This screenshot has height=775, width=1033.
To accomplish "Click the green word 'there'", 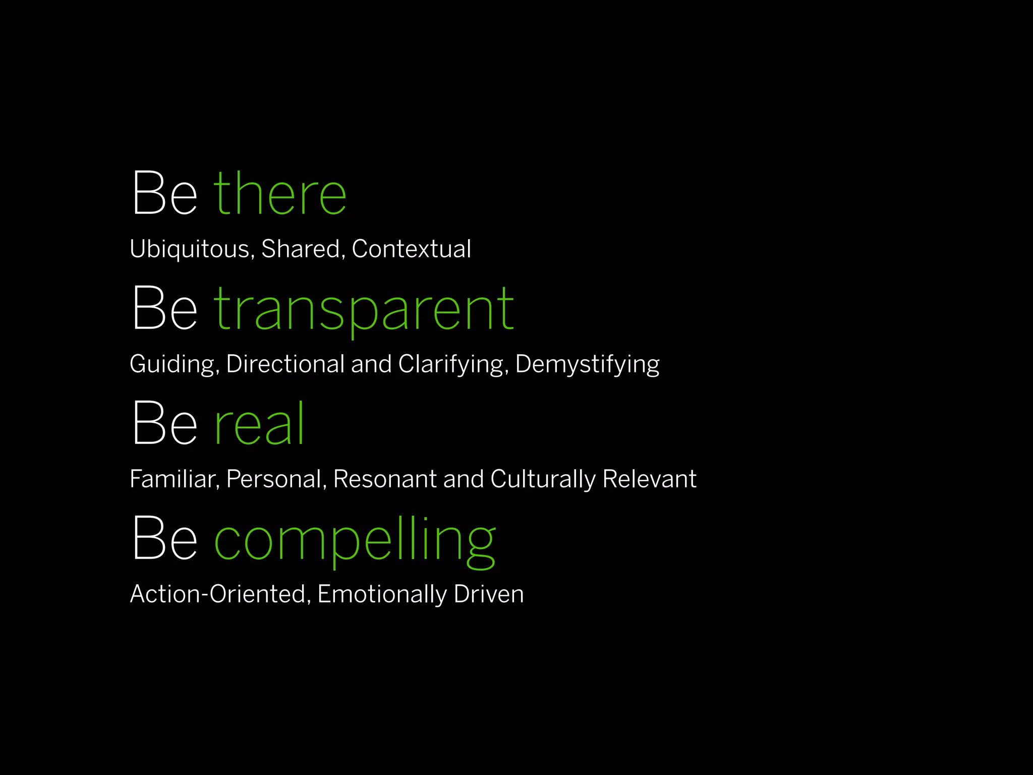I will [280, 194].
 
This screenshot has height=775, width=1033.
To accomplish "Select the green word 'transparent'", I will [364, 308].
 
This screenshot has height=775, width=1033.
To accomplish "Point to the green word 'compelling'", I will [355, 539].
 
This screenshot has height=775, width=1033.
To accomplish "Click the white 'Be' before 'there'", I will [164, 194].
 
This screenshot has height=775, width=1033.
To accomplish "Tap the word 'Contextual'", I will [411, 249].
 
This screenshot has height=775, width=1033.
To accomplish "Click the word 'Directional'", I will [285, 364].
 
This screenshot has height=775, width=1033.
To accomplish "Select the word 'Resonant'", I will [385, 479].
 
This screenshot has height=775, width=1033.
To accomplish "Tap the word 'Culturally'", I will [543, 479].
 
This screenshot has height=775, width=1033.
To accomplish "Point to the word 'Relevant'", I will [649, 479].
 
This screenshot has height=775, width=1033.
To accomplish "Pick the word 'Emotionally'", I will [382, 594].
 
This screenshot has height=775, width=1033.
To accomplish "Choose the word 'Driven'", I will [488, 594].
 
